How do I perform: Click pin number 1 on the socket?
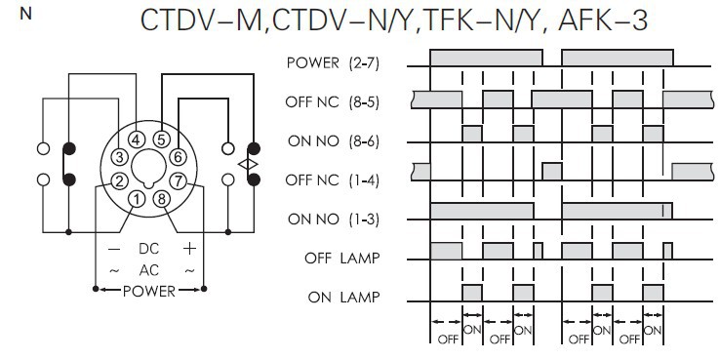tap(137, 199)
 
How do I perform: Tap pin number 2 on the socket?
tap(119, 180)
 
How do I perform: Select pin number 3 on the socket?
tap(119, 157)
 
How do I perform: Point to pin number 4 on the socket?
tap(136, 140)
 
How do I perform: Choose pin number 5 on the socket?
tap(161, 139)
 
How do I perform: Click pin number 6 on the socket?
tap(178, 156)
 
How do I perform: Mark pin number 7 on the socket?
tap(178, 180)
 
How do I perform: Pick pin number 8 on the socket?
tap(161, 199)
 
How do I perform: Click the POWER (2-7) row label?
tap(333, 62)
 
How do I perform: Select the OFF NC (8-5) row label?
tap(332, 101)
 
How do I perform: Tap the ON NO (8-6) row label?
tap(334, 141)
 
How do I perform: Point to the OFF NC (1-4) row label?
tap(332, 180)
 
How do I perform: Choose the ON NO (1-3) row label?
tap(334, 220)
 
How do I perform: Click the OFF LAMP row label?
tap(342, 259)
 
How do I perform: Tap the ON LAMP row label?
tap(344, 298)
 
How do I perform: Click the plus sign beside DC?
tap(189, 249)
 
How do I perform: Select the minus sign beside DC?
tap(114, 250)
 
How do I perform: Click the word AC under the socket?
tap(148, 270)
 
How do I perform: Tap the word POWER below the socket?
tap(148, 291)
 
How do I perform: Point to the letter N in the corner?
tap(26, 15)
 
